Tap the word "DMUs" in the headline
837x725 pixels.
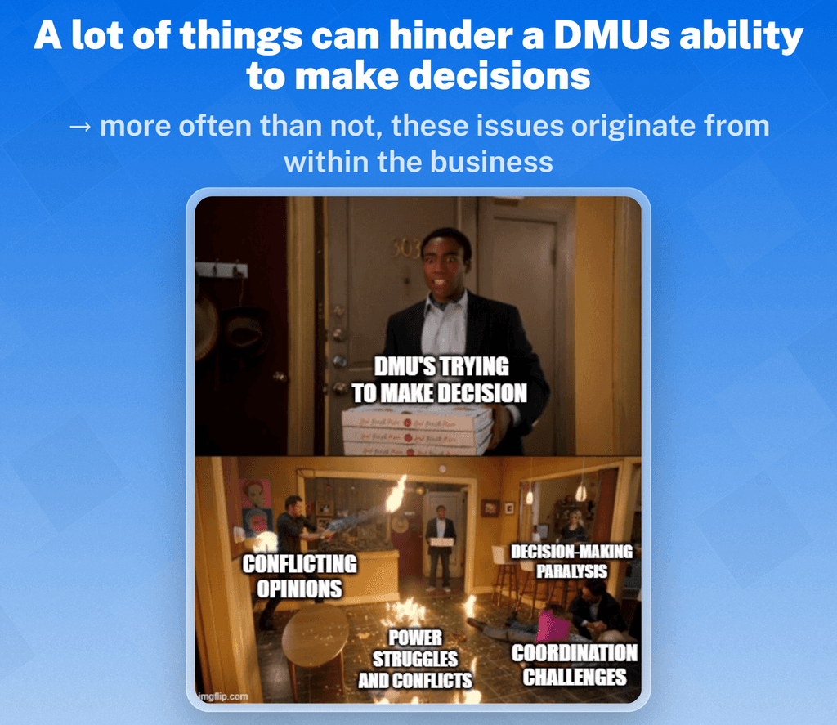tap(606, 37)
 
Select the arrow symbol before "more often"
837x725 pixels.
tap(79, 128)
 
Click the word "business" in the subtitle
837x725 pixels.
tap(491, 161)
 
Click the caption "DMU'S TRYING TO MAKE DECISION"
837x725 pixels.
tap(439, 379)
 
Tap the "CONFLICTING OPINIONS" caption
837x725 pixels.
tap(300, 576)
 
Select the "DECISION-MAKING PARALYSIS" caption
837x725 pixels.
tap(571, 562)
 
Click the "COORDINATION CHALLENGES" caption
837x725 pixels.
tap(574, 665)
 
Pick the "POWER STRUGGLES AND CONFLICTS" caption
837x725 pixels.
tap(415, 659)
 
